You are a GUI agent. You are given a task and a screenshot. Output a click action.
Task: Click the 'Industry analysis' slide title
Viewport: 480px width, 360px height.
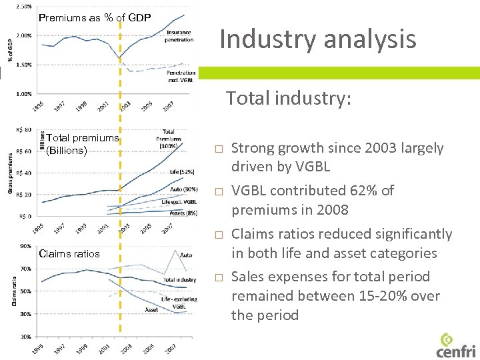tap(317, 39)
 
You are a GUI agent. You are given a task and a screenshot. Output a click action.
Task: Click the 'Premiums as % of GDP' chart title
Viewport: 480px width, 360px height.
tap(94, 17)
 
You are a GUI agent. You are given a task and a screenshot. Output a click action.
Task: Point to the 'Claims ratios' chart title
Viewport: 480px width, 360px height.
tap(69, 253)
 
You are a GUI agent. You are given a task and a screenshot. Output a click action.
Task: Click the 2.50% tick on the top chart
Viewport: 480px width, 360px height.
tap(23, 7)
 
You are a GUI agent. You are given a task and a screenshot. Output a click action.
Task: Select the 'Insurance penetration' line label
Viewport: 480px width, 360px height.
tap(179, 36)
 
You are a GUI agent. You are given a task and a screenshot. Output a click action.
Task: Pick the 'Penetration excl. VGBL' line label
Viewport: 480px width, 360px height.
tap(181, 76)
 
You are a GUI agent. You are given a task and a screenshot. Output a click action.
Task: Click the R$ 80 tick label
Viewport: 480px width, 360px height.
tap(23, 129)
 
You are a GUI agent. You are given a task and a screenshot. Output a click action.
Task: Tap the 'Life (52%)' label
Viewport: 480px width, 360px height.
tap(181, 172)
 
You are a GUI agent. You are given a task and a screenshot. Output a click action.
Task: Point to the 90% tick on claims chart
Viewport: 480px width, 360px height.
tap(25, 246)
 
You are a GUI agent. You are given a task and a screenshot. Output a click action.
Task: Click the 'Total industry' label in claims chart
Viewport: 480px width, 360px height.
tap(179, 280)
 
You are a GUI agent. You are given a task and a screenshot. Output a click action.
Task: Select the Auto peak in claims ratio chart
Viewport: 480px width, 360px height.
tap(175, 251)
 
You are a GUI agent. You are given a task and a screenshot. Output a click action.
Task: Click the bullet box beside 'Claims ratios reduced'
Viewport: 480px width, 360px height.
tap(217, 235)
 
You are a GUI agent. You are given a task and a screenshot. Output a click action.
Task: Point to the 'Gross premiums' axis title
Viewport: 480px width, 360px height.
tap(10, 173)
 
